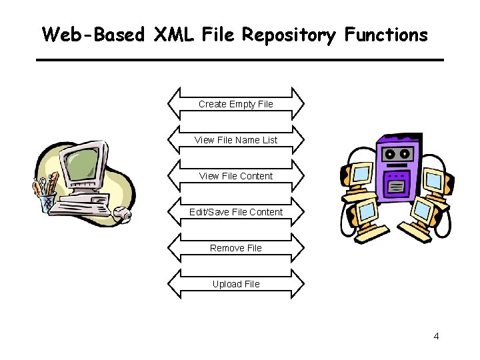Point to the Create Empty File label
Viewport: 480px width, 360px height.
235,104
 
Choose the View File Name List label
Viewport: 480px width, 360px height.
235,140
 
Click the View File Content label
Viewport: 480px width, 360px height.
235,176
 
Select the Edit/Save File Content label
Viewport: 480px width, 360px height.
235,212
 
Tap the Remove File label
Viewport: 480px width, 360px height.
235,248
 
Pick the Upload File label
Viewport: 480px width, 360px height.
235,284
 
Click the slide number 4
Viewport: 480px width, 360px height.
436,336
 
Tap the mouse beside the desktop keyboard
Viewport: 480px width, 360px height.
123,214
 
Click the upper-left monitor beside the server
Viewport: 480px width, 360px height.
361,174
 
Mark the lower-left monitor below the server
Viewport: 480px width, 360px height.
366,213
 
